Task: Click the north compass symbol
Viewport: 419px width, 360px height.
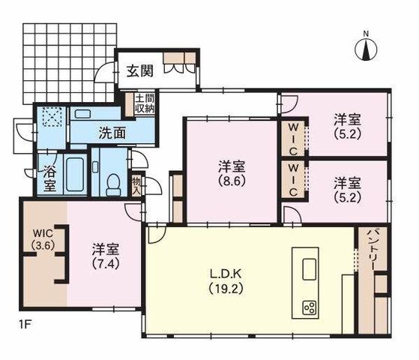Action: tap(366, 50)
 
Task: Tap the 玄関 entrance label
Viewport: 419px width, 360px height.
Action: tap(140, 71)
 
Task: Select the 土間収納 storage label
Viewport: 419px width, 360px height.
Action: tap(145, 103)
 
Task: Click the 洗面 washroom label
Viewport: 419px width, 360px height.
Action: tap(112, 133)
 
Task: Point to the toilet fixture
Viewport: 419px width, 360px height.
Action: tap(113, 184)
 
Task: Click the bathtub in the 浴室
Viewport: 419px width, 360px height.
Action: tap(75, 175)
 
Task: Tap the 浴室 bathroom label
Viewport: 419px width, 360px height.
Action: tap(49, 178)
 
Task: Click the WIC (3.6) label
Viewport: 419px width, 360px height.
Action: tap(43, 239)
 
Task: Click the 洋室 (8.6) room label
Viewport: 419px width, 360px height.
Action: tap(232, 173)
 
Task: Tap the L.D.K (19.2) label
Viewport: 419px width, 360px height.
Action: tap(226, 281)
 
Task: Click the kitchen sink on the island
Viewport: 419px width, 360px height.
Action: tap(309, 269)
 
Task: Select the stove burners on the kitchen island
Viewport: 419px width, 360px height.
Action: tap(310, 307)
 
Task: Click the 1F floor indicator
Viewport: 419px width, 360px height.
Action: tap(25, 325)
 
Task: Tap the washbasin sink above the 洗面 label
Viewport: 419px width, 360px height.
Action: tap(83, 114)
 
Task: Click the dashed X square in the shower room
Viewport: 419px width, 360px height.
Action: tap(52, 116)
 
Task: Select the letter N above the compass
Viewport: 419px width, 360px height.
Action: tap(366, 34)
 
